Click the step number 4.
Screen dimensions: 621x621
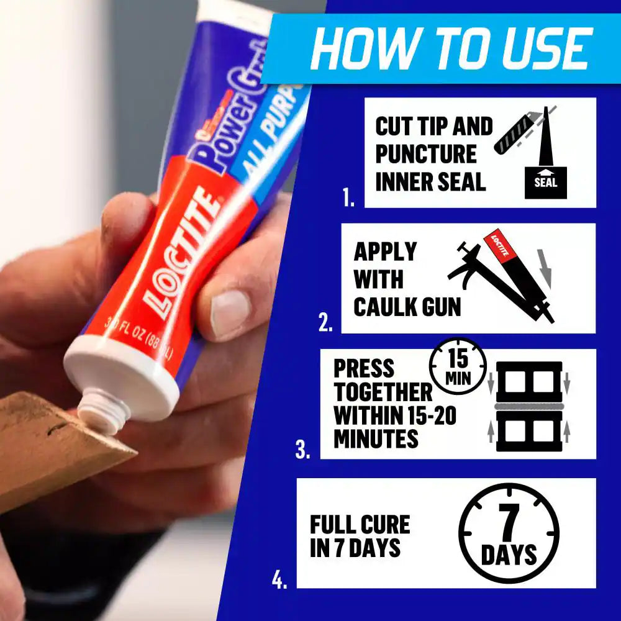279,580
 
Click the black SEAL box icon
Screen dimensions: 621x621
545,182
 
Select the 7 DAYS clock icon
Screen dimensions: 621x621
509,534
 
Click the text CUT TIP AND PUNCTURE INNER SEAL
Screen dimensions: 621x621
433,154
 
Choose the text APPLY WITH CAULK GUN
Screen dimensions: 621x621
406,279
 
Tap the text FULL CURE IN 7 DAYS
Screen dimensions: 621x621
360,535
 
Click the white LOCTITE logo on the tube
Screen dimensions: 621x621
181,255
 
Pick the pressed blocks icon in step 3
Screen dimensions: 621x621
528,406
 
